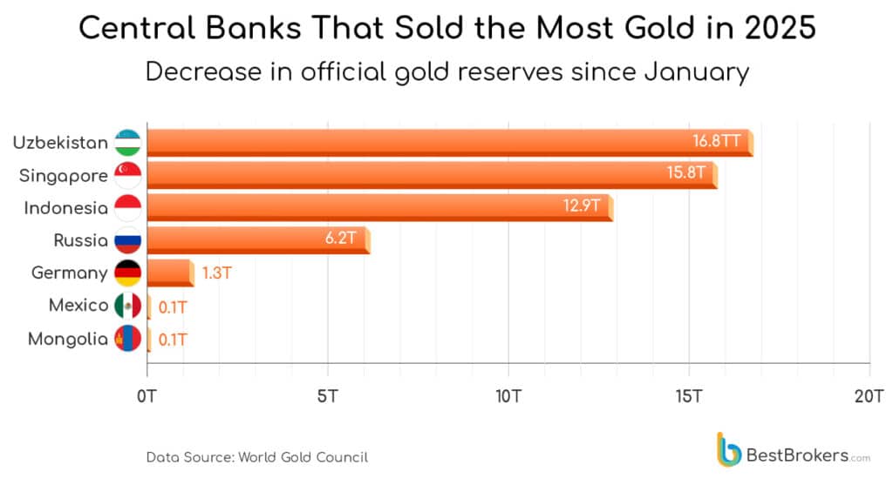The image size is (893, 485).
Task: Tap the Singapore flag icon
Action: [x=127, y=175]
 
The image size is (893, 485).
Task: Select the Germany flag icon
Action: [x=127, y=273]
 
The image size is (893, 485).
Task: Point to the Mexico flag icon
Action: [x=127, y=306]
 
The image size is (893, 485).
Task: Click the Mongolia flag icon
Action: [x=127, y=339]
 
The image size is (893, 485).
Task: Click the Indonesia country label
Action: [x=65, y=208]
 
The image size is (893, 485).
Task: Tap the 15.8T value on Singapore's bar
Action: [x=685, y=173]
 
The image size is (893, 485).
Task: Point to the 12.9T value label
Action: [x=582, y=206]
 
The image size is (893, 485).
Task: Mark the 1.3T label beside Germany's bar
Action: [x=216, y=273]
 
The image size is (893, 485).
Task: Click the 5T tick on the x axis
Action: [x=327, y=395]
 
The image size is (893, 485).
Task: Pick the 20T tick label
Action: [x=869, y=395]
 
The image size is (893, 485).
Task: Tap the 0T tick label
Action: [x=147, y=395]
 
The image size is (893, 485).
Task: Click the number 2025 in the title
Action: [x=772, y=29]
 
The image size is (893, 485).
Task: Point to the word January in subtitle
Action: [x=695, y=71]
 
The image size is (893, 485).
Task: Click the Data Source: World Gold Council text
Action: [x=256, y=456]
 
